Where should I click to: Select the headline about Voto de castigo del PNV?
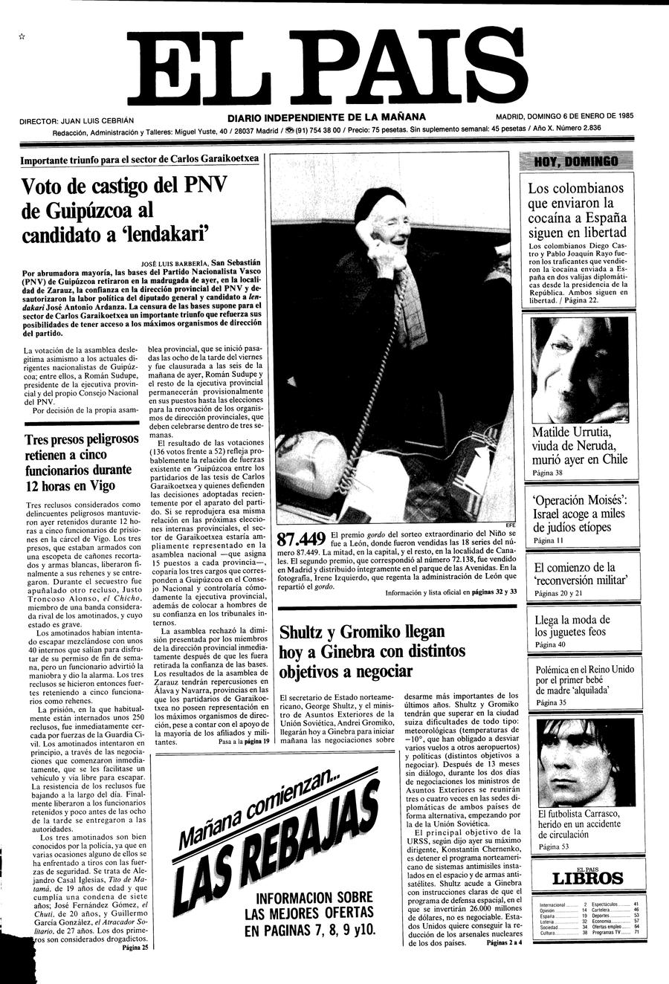(124, 210)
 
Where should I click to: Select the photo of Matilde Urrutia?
(580, 369)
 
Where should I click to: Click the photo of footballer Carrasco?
(580, 762)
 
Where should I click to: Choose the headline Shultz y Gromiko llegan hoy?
(372, 651)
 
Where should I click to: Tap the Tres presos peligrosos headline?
(78, 462)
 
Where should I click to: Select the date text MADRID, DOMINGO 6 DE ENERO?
(564, 116)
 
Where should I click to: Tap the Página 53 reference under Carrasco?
(554, 847)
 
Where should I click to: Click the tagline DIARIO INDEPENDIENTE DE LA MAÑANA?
(327, 117)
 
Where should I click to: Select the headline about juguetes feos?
(572, 626)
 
